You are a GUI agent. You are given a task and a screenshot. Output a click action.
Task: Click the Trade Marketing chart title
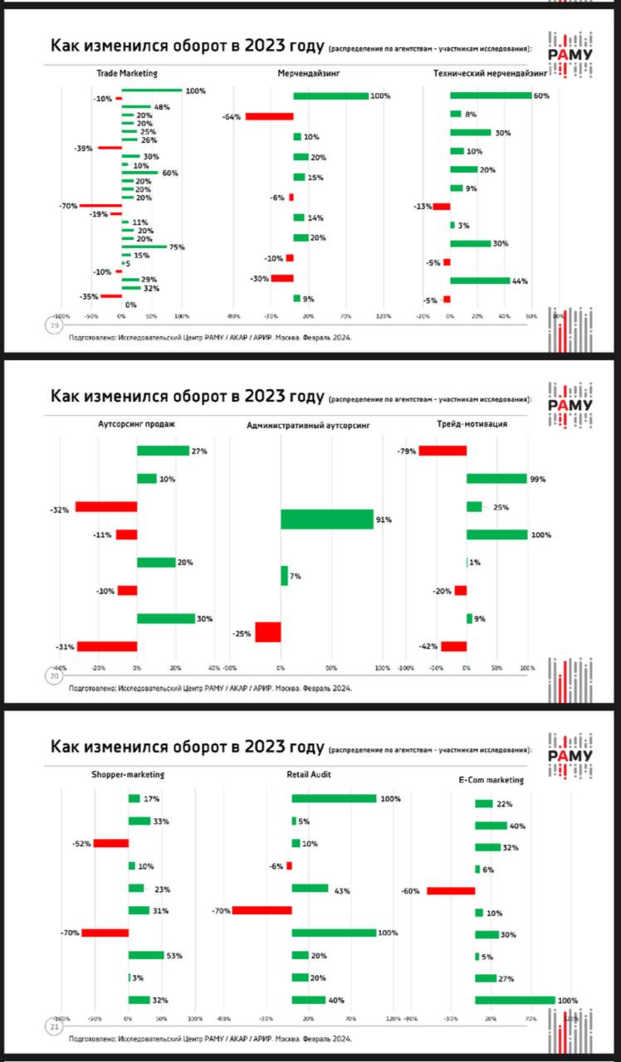pos(127,74)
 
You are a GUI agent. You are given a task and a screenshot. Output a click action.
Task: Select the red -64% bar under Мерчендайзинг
pos(269,117)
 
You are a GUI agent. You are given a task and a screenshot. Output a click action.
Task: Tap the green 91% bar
pos(327,519)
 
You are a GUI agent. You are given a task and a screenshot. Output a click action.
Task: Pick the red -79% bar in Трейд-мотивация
pos(443,451)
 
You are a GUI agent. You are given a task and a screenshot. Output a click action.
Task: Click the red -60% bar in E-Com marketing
pos(451,891)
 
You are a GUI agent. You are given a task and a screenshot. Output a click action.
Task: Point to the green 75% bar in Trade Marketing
pos(144,247)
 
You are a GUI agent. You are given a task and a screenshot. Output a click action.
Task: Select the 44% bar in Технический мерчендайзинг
pos(480,280)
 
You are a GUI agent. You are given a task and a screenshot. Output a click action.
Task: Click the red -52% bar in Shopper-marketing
pos(110,843)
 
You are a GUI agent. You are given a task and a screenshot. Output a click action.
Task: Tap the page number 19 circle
pos(55,326)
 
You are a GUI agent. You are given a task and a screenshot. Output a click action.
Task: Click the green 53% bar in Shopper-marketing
pos(146,955)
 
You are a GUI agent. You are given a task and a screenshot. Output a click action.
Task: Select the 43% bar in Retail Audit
pos(310,888)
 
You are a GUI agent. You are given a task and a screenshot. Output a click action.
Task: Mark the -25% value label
pos(242,633)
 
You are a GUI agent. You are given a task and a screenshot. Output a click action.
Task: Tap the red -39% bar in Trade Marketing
pos(110,148)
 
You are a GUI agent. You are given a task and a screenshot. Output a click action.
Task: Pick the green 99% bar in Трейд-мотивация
pos(496,479)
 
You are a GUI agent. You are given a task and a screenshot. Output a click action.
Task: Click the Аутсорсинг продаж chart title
pos(137,424)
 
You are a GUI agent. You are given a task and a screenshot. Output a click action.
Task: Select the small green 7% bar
pos(284,576)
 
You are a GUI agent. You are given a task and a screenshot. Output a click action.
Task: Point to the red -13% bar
pos(442,207)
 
